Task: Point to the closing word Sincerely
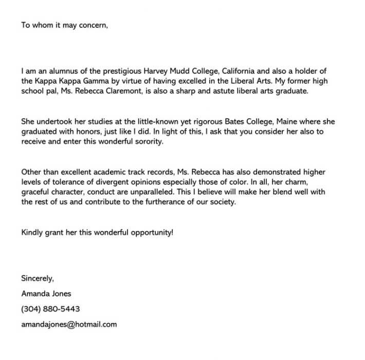[38, 278]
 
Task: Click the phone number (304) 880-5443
[50, 309]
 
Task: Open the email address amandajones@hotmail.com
[69, 325]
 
